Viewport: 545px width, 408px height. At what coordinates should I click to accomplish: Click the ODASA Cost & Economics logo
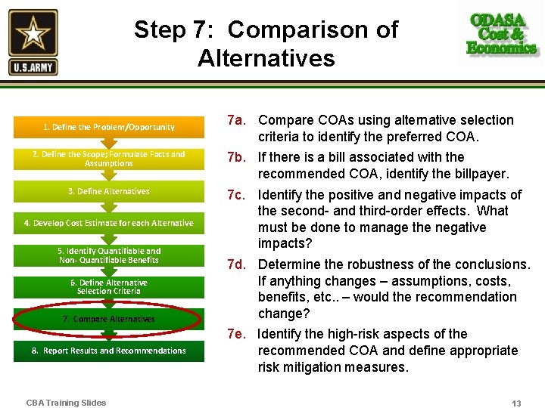[502, 34]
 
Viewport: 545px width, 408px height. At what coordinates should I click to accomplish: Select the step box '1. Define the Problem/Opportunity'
[109, 127]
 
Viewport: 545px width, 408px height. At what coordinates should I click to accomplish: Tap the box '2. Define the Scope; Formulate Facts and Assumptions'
[109, 159]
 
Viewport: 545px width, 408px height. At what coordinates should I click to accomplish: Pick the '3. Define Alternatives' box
[109, 191]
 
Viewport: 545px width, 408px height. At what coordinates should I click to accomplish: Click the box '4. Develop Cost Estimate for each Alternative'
[109, 223]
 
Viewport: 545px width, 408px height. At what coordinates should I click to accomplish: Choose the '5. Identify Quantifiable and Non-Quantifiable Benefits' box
[109, 255]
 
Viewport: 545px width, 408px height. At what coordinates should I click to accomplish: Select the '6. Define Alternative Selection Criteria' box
[109, 287]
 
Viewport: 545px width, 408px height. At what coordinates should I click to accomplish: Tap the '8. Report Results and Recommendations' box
[109, 351]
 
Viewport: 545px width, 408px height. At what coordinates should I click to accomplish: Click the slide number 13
[516, 403]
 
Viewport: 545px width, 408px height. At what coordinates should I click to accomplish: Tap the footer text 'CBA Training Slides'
[66, 403]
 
